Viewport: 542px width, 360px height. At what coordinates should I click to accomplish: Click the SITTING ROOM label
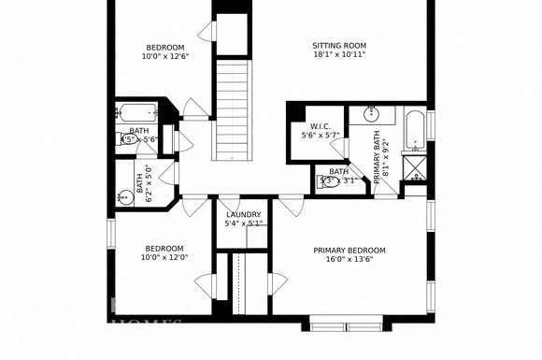tap(338, 45)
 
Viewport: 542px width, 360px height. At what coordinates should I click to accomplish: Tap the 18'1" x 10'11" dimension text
tap(338, 55)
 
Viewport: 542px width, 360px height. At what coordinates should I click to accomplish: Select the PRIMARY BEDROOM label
tap(349, 251)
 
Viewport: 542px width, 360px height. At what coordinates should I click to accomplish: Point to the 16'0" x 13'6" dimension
tap(349, 261)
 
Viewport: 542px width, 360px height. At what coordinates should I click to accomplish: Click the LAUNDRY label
tap(244, 215)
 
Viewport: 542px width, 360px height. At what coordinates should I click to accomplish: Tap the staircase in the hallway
tap(235, 108)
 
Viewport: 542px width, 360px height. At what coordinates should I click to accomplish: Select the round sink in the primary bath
tap(372, 114)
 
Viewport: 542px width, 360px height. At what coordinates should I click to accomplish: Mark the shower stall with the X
tap(414, 169)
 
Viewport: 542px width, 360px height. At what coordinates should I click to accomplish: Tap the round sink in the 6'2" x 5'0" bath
tap(125, 196)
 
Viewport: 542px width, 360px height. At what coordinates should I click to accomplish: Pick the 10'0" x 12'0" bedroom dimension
tap(164, 258)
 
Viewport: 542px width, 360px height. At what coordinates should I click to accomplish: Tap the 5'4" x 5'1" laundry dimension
tap(244, 224)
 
